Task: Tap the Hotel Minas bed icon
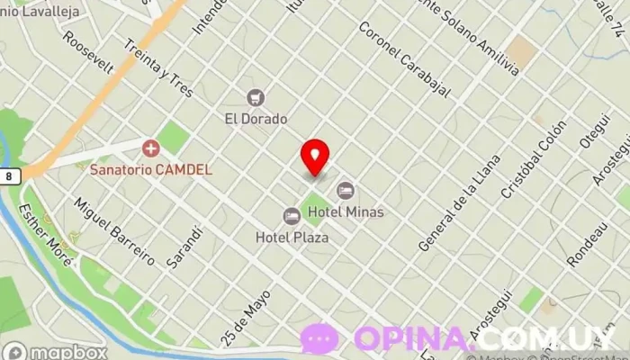coord(346,191)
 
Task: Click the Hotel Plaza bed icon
coord(292,216)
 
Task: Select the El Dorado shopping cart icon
coord(256,97)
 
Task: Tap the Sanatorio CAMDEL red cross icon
coord(150,147)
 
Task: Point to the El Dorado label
coord(256,118)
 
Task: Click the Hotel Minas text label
coord(346,212)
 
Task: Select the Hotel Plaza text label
coord(292,238)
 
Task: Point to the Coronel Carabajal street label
coord(402,56)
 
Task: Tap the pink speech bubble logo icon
coord(319,338)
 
